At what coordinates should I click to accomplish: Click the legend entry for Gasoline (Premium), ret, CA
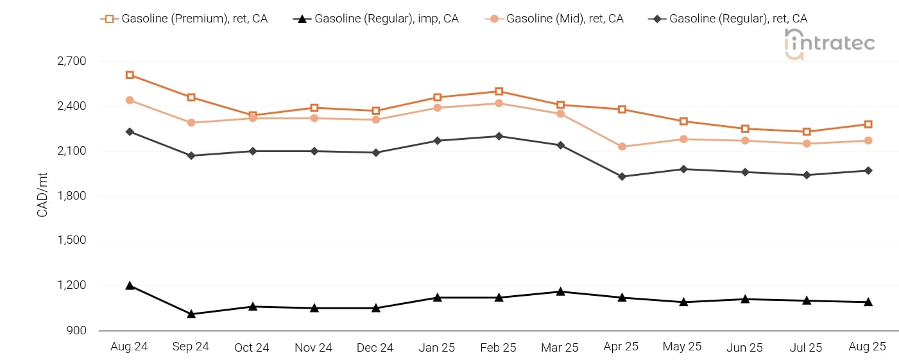(x=184, y=19)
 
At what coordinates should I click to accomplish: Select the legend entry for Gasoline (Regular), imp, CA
(x=376, y=19)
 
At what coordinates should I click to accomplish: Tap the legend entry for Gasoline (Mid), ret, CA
(x=554, y=19)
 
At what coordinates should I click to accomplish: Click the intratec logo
(x=829, y=44)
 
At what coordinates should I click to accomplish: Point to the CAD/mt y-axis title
(x=42, y=195)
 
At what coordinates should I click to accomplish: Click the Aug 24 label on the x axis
(x=129, y=347)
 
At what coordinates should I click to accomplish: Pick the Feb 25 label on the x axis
(x=498, y=348)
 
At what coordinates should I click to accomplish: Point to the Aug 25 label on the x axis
(x=867, y=347)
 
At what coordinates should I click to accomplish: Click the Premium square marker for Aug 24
(x=130, y=75)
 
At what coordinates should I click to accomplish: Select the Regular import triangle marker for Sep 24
(x=191, y=314)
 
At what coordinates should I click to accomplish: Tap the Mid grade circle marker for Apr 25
(x=622, y=147)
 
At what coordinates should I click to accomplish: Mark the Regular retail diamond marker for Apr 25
(x=622, y=176)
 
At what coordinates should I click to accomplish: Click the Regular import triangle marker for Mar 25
(x=560, y=291)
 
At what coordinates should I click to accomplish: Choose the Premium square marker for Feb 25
(x=499, y=91)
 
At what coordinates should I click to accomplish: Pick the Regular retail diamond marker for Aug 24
(x=130, y=132)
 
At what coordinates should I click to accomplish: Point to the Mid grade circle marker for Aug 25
(x=868, y=141)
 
